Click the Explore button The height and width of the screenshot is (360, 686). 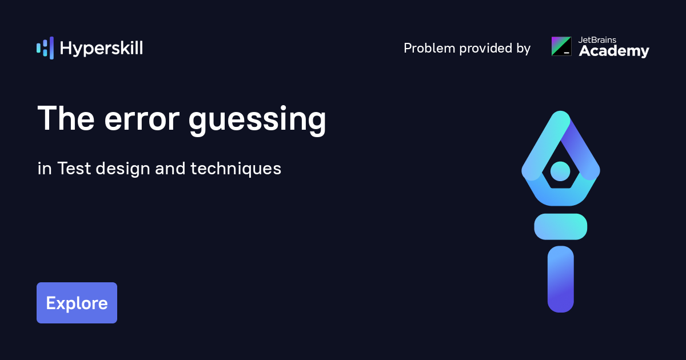pyautogui.click(x=77, y=303)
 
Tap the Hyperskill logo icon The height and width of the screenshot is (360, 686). pyautogui.click(x=45, y=48)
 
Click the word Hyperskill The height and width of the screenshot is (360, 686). pyautogui.click(x=101, y=48)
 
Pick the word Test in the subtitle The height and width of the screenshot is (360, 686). pyautogui.click(x=74, y=169)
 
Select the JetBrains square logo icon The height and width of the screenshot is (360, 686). pyautogui.click(x=561, y=46)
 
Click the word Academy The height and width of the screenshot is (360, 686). pyautogui.click(x=614, y=51)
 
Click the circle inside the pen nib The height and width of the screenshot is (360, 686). pyautogui.click(x=560, y=170)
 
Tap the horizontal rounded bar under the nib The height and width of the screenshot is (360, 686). pyautogui.click(x=560, y=226)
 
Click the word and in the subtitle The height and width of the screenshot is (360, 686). pyautogui.click(x=170, y=169)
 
